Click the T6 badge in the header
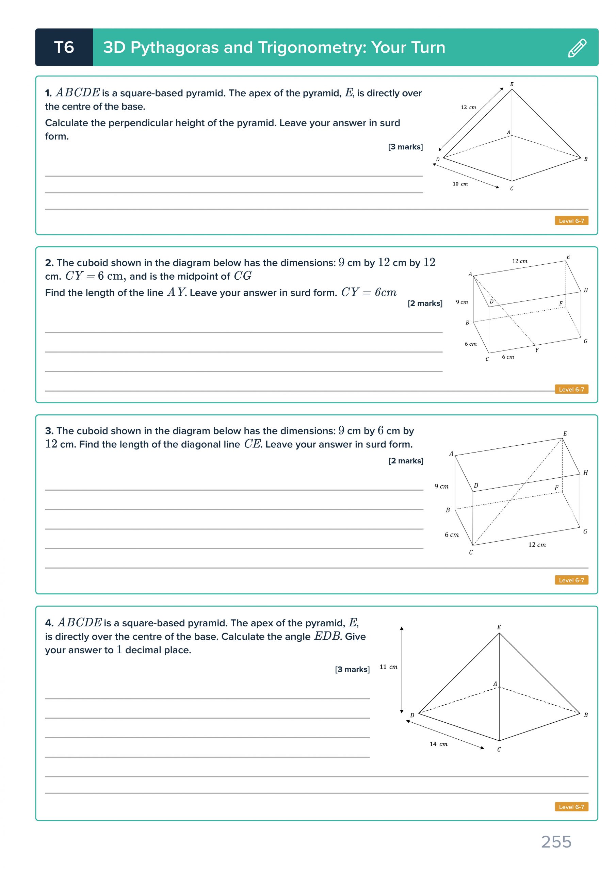[x=64, y=47]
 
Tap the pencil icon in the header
[x=577, y=48]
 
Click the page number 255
[x=556, y=842]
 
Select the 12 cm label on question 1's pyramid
[x=468, y=108]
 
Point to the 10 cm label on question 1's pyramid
[x=460, y=184]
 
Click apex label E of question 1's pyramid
[x=512, y=84]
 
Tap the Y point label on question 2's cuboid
[x=537, y=350]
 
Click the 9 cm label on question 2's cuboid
[x=462, y=302]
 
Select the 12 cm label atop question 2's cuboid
[x=520, y=261]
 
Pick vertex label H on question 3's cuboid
[x=586, y=473]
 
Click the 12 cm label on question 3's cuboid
[x=537, y=545]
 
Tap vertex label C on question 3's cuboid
[x=471, y=552]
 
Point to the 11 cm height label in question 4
[x=388, y=667]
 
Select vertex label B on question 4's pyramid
[x=586, y=715]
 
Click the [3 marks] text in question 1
[x=405, y=147]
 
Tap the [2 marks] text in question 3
[x=406, y=461]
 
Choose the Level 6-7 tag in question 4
[x=571, y=807]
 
